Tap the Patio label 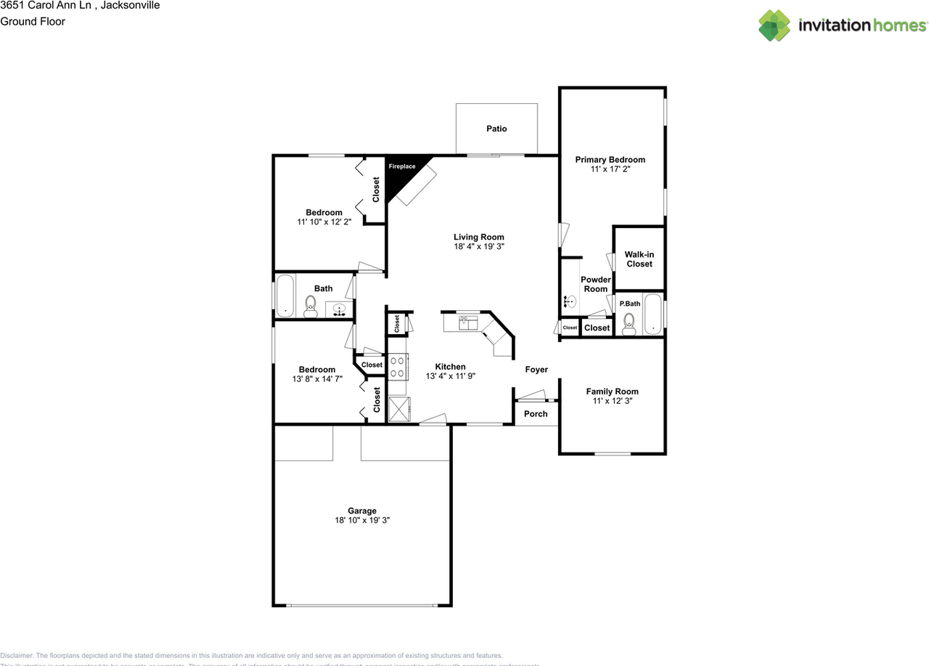point(496,129)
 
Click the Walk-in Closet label point(639,259)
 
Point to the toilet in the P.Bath point(629,322)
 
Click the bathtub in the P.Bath point(653,314)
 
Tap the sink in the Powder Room point(570,301)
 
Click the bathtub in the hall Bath point(285,296)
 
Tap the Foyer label point(536,370)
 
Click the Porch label point(536,414)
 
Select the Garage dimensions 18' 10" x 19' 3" point(361,521)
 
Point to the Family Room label point(612,391)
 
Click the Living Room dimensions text point(478,247)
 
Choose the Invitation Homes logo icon point(774,25)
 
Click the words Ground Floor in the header point(33,22)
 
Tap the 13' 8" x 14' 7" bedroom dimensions point(316,379)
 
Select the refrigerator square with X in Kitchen point(398,409)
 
